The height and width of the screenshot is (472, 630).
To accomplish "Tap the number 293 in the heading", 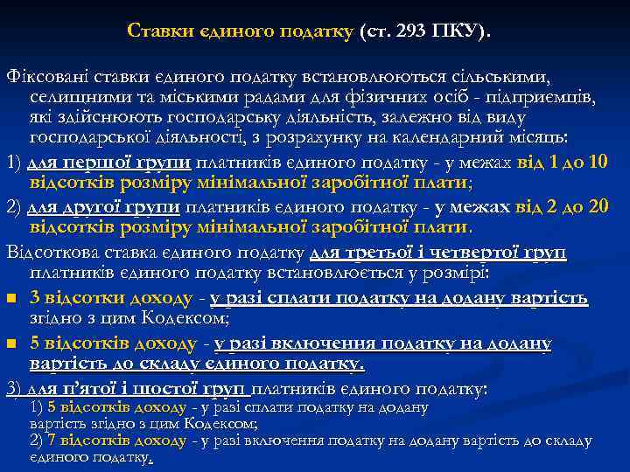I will pos(410,31).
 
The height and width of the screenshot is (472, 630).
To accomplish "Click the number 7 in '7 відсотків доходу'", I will pos(52,441).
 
